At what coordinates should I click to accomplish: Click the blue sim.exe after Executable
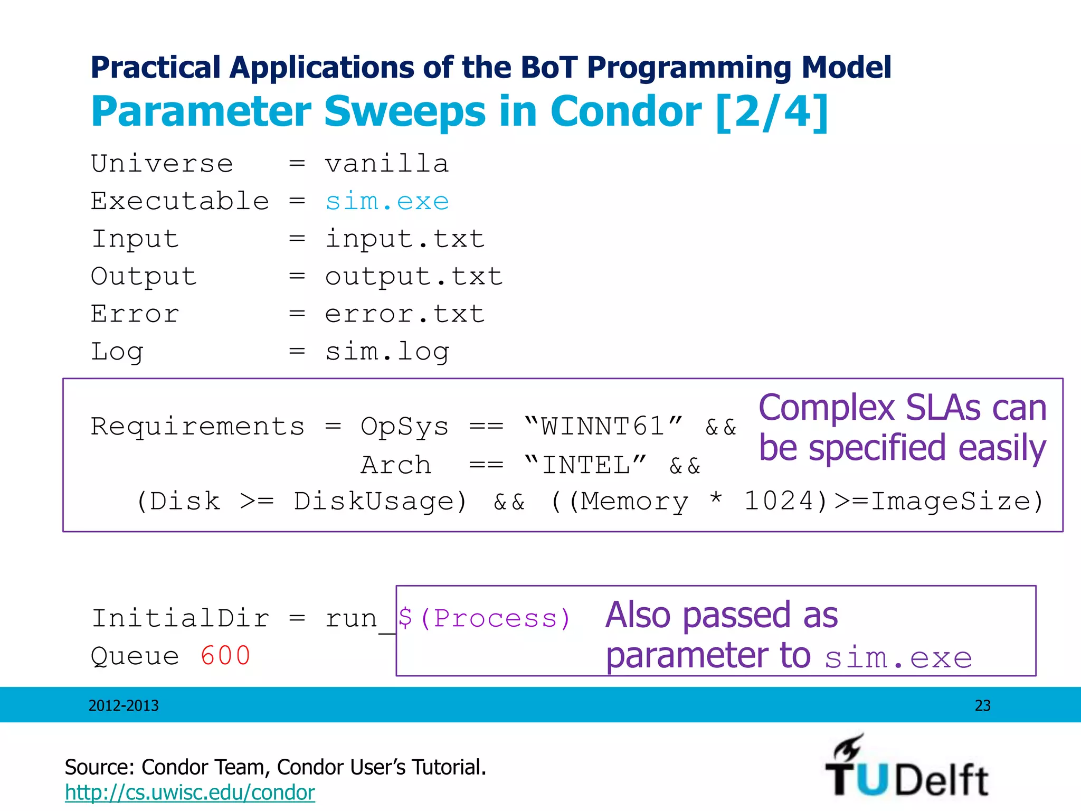click(387, 202)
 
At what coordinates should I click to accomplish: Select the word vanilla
click(387, 164)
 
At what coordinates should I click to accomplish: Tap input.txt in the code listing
click(405, 239)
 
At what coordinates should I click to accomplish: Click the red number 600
click(225, 656)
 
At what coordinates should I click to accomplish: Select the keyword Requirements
click(198, 427)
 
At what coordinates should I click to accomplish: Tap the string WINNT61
click(603, 427)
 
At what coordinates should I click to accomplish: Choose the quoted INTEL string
click(586, 466)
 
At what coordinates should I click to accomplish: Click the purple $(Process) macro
click(484, 618)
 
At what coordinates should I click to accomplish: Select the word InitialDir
click(180, 618)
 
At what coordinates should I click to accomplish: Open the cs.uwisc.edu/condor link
click(189, 793)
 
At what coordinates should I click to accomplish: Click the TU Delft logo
click(907, 768)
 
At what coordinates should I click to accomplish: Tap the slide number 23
click(982, 706)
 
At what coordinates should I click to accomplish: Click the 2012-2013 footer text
click(124, 706)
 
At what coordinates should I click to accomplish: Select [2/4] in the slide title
click(772, 112)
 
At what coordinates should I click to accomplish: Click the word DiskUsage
click(380, 502)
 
